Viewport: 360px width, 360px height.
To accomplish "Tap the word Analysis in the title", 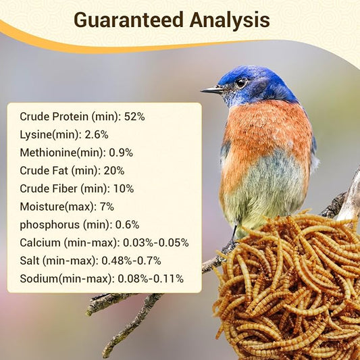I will (229, 20).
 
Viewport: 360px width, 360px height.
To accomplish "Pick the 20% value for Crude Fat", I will (113, 170).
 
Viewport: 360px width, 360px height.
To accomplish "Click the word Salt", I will (31, 260).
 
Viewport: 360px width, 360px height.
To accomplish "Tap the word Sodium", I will (38, 278).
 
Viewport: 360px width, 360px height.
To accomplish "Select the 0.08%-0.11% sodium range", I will (150, 278).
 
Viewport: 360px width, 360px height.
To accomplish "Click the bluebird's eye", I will (240, 82).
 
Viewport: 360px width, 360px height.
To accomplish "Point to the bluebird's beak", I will (212, 89).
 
